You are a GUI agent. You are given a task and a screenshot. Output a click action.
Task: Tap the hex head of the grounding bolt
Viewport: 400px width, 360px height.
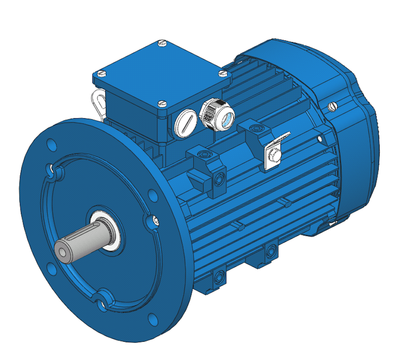[x=273, y=156]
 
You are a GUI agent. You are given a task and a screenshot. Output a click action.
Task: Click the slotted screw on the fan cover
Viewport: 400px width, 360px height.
[x=333, y=106]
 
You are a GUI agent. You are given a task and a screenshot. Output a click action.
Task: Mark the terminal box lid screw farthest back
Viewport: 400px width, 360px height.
[x=162, y=43]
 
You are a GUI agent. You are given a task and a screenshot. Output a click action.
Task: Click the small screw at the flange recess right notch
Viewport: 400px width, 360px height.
[x=154, y=220]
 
